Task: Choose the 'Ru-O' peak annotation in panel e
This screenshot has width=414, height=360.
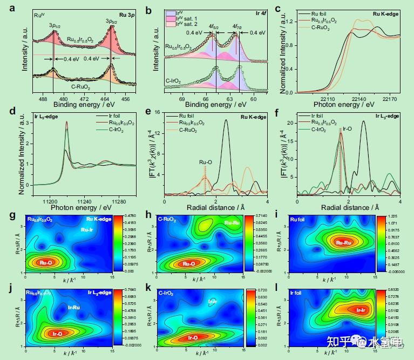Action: click(205, 161)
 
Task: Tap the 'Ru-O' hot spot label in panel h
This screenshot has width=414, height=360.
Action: click(188, 264)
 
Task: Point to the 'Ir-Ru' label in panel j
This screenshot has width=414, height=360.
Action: click(74, 307)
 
